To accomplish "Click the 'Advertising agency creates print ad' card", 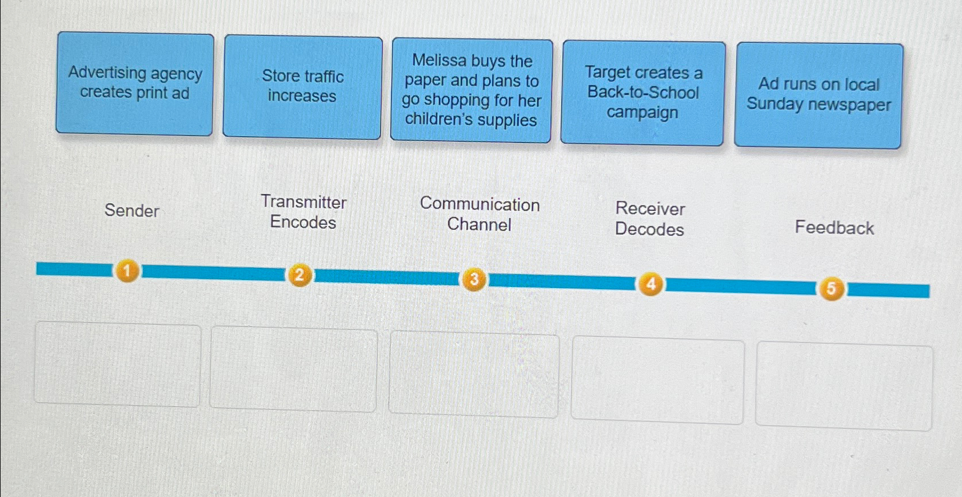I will tap(134, 84).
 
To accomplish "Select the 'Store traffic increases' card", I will tap(302, 86).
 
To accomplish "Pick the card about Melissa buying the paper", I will tap(471, 90).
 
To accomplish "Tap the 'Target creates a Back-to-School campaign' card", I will tap(643, 93).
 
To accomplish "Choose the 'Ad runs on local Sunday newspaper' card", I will tap(819, 95).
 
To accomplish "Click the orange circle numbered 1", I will tap(127, 271).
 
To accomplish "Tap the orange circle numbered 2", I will tap(299, 275).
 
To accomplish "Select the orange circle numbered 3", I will tap(474, 280).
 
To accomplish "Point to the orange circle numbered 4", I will tap(650, 284).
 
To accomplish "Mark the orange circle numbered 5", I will tap(831, 288).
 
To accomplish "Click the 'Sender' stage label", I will tap(131, 210).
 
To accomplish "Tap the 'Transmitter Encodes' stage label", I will tap(304, 212).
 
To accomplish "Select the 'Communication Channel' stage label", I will tap(480, 214).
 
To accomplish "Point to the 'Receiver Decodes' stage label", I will tap(650, 218).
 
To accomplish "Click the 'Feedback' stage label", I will tap(834, 228).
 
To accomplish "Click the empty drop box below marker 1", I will tap(117, 364).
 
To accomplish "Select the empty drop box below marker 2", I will tap(293, 369).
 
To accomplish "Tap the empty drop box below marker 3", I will tap(473, 375).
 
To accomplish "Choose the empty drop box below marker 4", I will tap(657, 381).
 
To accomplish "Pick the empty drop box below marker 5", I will tap(844, 386).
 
